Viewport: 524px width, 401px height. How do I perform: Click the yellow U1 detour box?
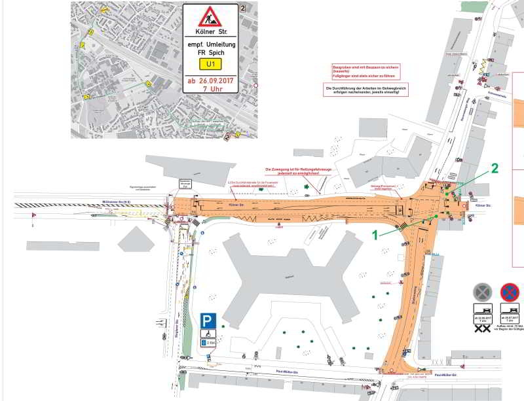pos(210,64)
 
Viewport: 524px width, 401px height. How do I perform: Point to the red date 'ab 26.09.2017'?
pos(210,80)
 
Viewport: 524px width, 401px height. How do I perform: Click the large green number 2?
pos(495,168)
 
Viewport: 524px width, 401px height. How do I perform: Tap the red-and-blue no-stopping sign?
pos(509,292)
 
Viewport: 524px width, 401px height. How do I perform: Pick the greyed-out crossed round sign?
pos(482,292)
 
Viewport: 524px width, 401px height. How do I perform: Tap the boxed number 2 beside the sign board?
pos(242,8)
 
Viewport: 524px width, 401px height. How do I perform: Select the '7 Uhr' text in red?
pos(210,89)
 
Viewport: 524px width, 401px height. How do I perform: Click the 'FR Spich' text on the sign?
pos(210,52)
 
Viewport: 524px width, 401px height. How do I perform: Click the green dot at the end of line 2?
pos(447,194)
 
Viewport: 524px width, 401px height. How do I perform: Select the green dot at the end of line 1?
pos(433,218)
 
